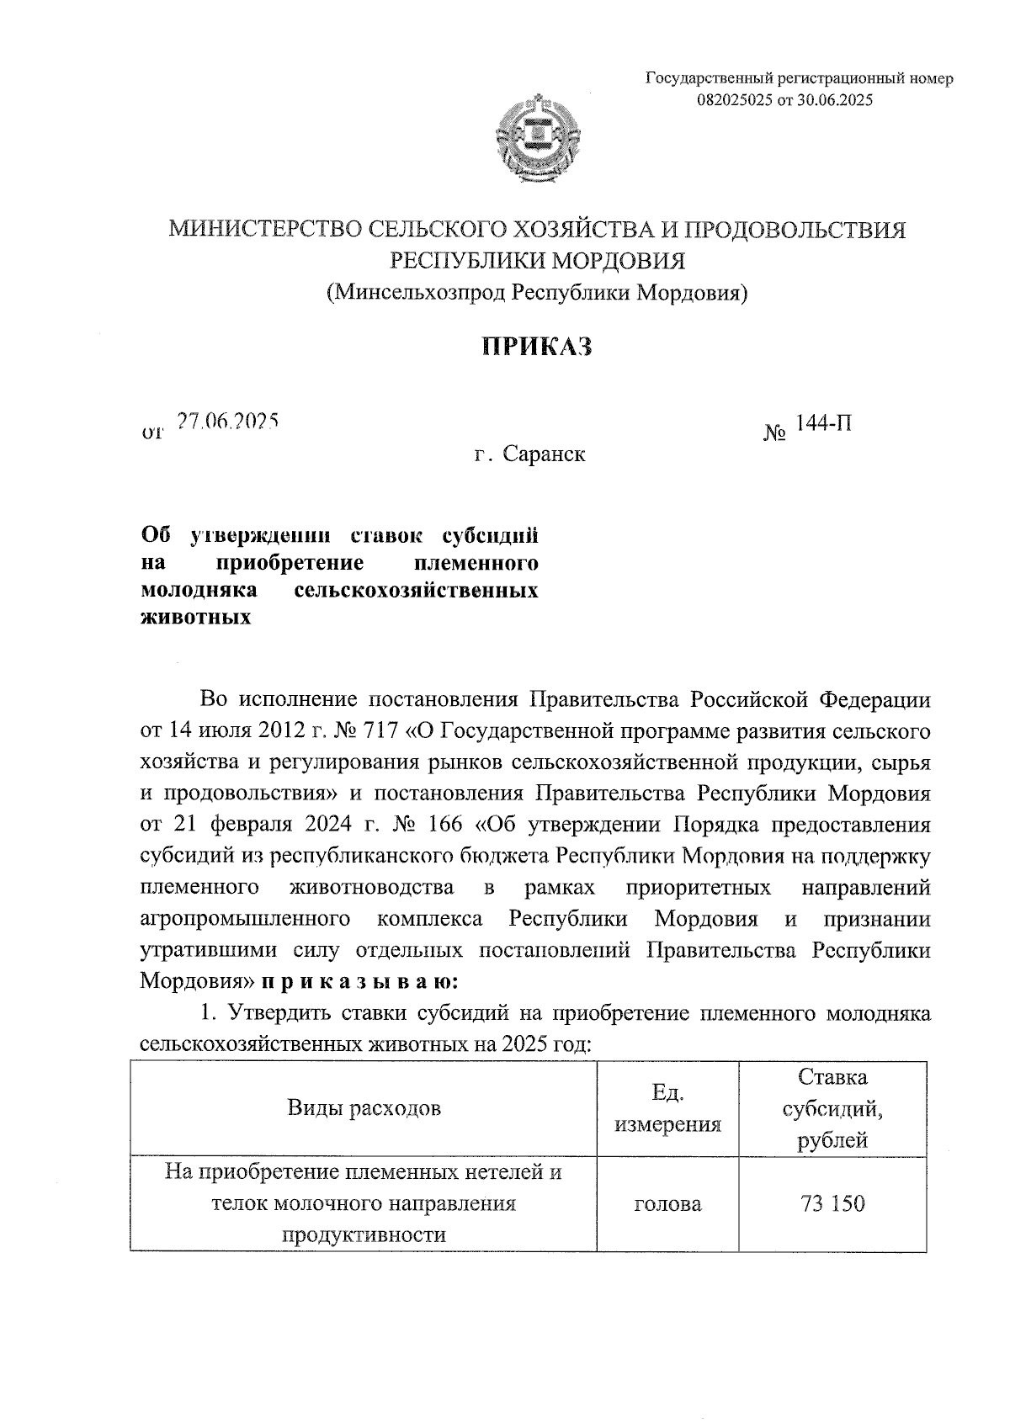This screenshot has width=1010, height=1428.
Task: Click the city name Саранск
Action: point(544,455)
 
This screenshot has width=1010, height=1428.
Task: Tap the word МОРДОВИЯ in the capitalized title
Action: point(619,261)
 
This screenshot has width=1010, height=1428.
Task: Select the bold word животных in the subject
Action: point(195,618)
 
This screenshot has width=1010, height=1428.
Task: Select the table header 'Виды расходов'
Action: point(364,1107)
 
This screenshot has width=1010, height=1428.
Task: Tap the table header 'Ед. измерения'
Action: point(667,1107)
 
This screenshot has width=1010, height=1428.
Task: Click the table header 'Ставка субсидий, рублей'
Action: point(832,1107)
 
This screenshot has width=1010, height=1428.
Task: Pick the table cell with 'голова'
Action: point(667,1204)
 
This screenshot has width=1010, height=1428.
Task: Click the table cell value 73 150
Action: point(832,1204)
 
